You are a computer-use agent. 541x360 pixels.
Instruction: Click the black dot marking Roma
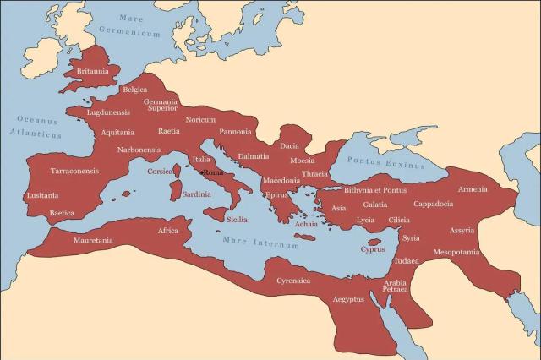click(x=202, y=172)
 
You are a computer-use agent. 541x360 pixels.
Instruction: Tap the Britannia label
click(x=92, y=71)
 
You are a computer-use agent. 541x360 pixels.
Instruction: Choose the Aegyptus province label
click(x=347, y=299)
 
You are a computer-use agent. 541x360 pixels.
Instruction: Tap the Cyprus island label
click(x=372, y=249)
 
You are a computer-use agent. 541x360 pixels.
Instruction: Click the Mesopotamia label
click(x=456, y=252)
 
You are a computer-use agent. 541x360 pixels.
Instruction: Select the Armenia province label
click(x=473, y=188)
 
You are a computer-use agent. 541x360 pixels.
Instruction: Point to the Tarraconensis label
click(x=74, y=171)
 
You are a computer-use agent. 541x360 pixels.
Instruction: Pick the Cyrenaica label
click(x=293, y=280)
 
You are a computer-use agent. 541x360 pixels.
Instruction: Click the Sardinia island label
click(x=196, y=194)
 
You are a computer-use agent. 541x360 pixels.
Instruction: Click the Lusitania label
click(x=42, y=195)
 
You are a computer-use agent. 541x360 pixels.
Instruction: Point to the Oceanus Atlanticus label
click(x=36, y=127)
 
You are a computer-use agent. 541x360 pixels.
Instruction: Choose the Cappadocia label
click(x=433, y=204)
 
